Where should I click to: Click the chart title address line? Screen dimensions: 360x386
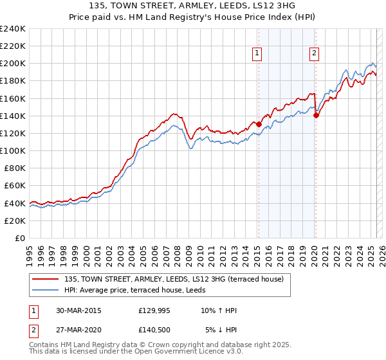[x=193, y=6]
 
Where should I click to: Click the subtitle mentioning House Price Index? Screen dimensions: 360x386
[x=193, y=17]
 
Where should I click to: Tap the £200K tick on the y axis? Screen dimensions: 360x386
[x=13, y=64]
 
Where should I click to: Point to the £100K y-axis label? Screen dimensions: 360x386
[x=13, y=150]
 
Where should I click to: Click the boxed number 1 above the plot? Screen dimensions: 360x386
[x=257, y=53]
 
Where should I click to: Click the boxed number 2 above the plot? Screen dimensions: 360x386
[x=314, y=53]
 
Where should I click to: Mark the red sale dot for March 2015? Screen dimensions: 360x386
[x=259, y=124]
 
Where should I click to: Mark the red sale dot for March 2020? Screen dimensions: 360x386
[x=316, y=115]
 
